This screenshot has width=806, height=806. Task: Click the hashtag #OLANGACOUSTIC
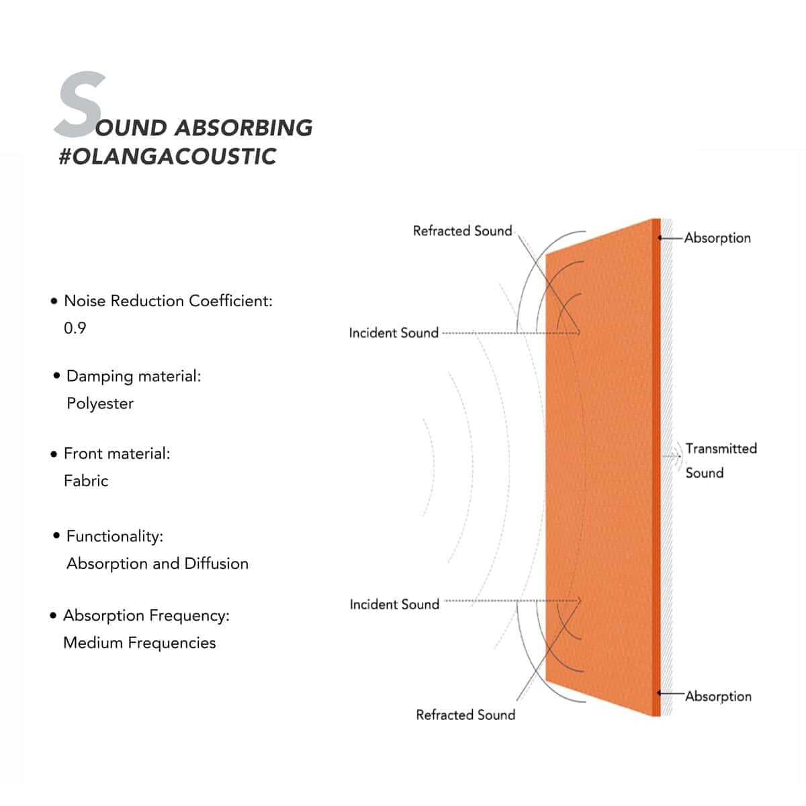click(167, 156)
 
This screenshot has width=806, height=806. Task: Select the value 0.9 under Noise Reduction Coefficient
click(75, 328)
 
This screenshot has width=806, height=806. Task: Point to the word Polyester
click(100, 404)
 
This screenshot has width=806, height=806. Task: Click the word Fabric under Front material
click(86, 481)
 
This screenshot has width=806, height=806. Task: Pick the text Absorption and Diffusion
click(157, 564)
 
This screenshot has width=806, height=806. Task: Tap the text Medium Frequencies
click(139, 643)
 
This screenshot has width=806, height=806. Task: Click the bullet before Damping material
click(56, 375)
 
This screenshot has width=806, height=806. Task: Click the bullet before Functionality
click(56, 535)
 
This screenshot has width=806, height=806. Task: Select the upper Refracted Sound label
click(462, 231)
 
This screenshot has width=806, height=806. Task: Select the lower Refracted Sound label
click(465, 715)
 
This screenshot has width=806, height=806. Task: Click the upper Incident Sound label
click(394, 332)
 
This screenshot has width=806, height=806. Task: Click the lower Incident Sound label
click(394, 604)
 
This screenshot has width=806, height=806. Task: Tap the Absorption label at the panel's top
click(717, 238)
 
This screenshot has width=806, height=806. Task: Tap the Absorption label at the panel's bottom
click(718, 697)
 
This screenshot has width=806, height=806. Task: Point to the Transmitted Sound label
click(721, 460)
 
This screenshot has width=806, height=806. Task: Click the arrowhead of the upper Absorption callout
click(661, 238)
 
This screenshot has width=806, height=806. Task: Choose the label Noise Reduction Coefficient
click(168, 301)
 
